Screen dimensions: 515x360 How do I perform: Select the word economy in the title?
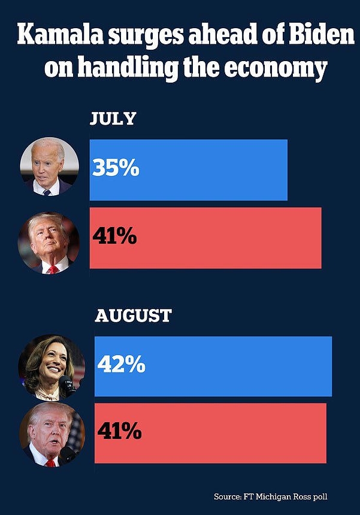[281, 69]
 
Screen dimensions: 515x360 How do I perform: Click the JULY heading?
[113, 118]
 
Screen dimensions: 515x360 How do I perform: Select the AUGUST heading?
[133, 315]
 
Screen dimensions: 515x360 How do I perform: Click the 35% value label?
[116, 168]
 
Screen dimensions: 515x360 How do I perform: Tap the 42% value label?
[121, 365]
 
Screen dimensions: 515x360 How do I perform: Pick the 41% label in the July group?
[114, 237]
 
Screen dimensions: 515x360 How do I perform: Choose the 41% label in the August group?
[120, 431]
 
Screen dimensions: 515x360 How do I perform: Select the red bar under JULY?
[228, 238]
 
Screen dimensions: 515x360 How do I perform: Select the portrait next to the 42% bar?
[51, 367]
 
